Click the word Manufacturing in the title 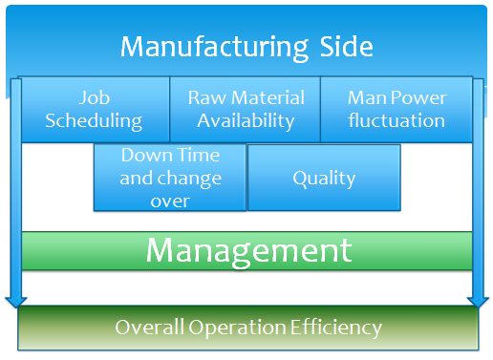pos(214,48)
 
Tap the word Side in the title pos(346,47)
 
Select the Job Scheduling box pos(95,109)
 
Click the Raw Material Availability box pos(246,109)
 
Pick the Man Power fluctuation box pos(397,109)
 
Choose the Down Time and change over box pos(170,178)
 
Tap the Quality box pos(324,178)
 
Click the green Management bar pos(246,251)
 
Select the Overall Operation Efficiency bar pos(248,328)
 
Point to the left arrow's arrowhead pos(16,303)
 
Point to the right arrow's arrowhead pos(478,303)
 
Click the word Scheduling pos(94,121)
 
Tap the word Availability pos(246,121)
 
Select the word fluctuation pos(397,120)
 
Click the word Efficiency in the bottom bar pos(336,328)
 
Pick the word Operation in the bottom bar pos(237,328)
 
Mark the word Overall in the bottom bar pos(150,327)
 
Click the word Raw pos(207,97)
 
